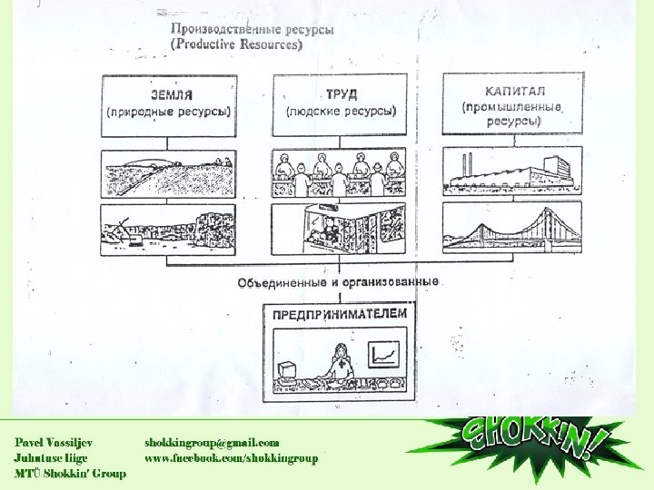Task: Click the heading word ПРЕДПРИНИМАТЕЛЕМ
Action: click(x=340, y=314)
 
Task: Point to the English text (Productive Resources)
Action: click(x=238, y=44)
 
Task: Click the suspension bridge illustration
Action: click(x=511, y=228)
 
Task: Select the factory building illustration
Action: click(x=511, y=171)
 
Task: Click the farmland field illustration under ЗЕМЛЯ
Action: click(x=168, y=173)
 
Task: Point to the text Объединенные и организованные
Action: click(x=338, y=282)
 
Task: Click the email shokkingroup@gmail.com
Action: click(x=212, y=442)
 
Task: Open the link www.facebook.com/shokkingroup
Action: click(x=232, y=458)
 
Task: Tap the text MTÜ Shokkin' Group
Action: click(x=70, y=475)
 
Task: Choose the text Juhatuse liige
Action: click(x=51, y=458)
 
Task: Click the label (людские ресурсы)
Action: click(x=341, y=112)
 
